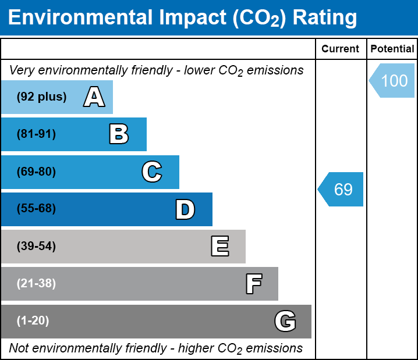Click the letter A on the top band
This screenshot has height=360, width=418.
pos(94,97)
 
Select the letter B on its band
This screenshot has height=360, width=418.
pos(119,134)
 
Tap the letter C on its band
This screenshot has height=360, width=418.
pos(152,172)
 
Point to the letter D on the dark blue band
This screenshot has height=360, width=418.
pos(185,209)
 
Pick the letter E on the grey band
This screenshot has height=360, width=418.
pos(219,247)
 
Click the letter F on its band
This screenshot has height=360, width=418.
pos(253,284)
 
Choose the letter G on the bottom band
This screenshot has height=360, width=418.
pos(285,321)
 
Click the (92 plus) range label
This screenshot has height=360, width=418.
pos(41,97)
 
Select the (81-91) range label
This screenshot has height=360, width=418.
pos(36,134)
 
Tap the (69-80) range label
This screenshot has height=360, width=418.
pos(36,172)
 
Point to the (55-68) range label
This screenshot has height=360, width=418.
pos(36,209)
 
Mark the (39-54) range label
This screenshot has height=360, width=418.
pos(36,247)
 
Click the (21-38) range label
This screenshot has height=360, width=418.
pos(36,284)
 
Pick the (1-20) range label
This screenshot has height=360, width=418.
pos(33,321)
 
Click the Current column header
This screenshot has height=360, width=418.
pos(341,49)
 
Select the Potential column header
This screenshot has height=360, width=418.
pos(392,49)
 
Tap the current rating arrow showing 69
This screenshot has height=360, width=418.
pos(341,189)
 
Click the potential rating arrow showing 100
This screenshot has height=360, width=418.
pos(392,80)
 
